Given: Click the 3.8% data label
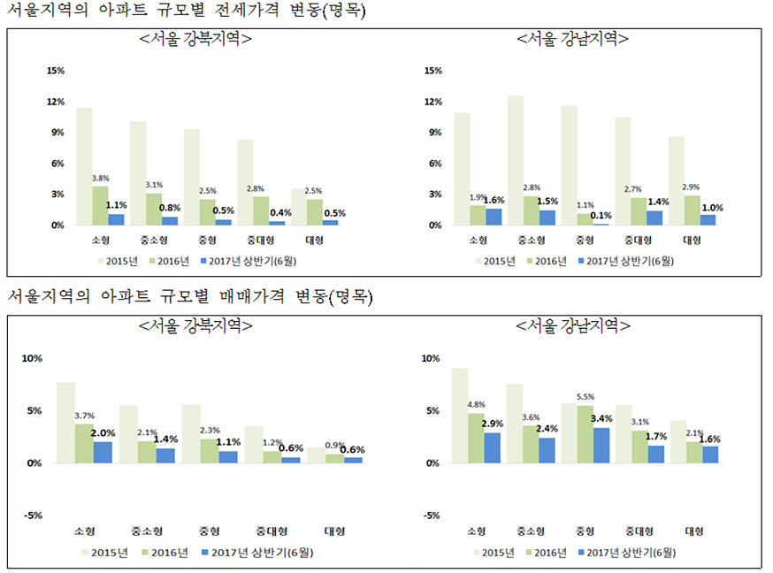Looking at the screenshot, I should [101, 178].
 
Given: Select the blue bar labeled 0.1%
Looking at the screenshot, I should [601, 224].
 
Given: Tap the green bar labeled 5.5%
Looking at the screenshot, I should [585, 434].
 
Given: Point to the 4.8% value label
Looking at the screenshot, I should [477, 405].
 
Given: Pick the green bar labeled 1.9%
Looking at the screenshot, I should [477, 215].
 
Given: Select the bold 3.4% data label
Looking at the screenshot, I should [601, 418].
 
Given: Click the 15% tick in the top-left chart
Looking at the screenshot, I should [56, 71].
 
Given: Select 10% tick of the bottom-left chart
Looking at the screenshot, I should [33, 359].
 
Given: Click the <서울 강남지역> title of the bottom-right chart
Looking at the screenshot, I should [573, 326].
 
